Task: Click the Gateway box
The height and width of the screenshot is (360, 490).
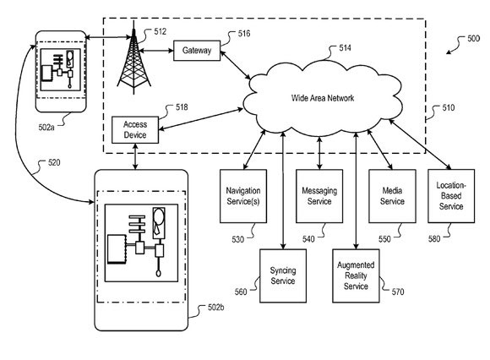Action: (197, 51)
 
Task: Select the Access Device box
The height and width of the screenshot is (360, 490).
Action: (135, 129)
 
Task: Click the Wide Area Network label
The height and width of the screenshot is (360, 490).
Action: (323, 98)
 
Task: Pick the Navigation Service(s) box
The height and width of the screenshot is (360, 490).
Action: (243, 196)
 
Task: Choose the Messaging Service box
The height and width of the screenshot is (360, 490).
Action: (319, 196)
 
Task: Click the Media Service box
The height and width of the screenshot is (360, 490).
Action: (392, 196)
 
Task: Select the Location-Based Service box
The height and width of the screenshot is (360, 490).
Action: (451, 196)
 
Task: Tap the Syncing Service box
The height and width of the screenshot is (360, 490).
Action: (283, 275)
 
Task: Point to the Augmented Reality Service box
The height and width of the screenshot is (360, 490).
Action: (356, 275)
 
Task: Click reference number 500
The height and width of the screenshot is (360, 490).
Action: (473, 38)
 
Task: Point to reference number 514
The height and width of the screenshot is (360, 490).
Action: (345, 48)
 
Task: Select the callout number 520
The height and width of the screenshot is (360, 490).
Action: (54, 162)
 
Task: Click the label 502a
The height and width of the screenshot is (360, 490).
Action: (46, 128)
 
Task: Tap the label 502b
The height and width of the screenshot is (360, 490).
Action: (216, 308)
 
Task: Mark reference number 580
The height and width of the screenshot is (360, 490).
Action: (434, 239)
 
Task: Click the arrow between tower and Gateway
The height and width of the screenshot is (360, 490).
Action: (156, 51)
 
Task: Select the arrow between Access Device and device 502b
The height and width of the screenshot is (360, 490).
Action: (135, 156)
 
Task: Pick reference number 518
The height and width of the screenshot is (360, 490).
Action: (182, 107)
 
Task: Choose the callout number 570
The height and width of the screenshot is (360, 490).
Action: (398, 292)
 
